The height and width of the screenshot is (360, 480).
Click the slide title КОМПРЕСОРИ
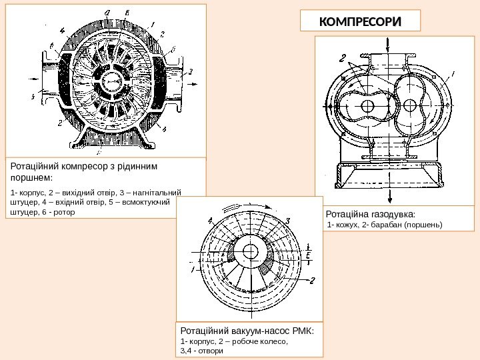pyautogui.click(x=361, y=21)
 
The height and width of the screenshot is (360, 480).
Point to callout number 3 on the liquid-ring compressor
pyautogui.click(x=192, y=71)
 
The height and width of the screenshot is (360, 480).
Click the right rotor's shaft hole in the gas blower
pyautogui.click(x=409, y=105)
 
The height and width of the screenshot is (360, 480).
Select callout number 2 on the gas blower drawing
pyautogui.click(x=342, y=57)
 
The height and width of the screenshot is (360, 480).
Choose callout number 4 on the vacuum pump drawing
pyautogui.click(x=210, y=220)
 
